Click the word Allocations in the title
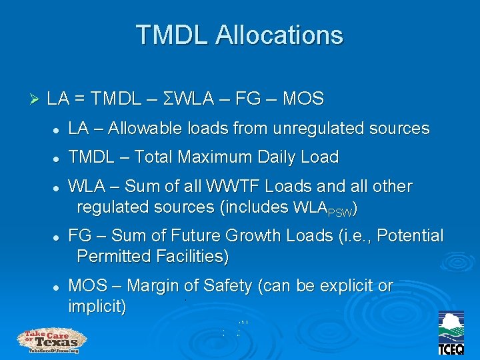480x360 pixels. (x=279, y=35)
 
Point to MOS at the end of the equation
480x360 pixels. (x=303, y=100)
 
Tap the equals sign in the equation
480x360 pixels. (x=79, y=100)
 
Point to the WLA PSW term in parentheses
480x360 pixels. (x=323, y=209)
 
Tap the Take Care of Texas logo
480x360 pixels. (x=51, y=341)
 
